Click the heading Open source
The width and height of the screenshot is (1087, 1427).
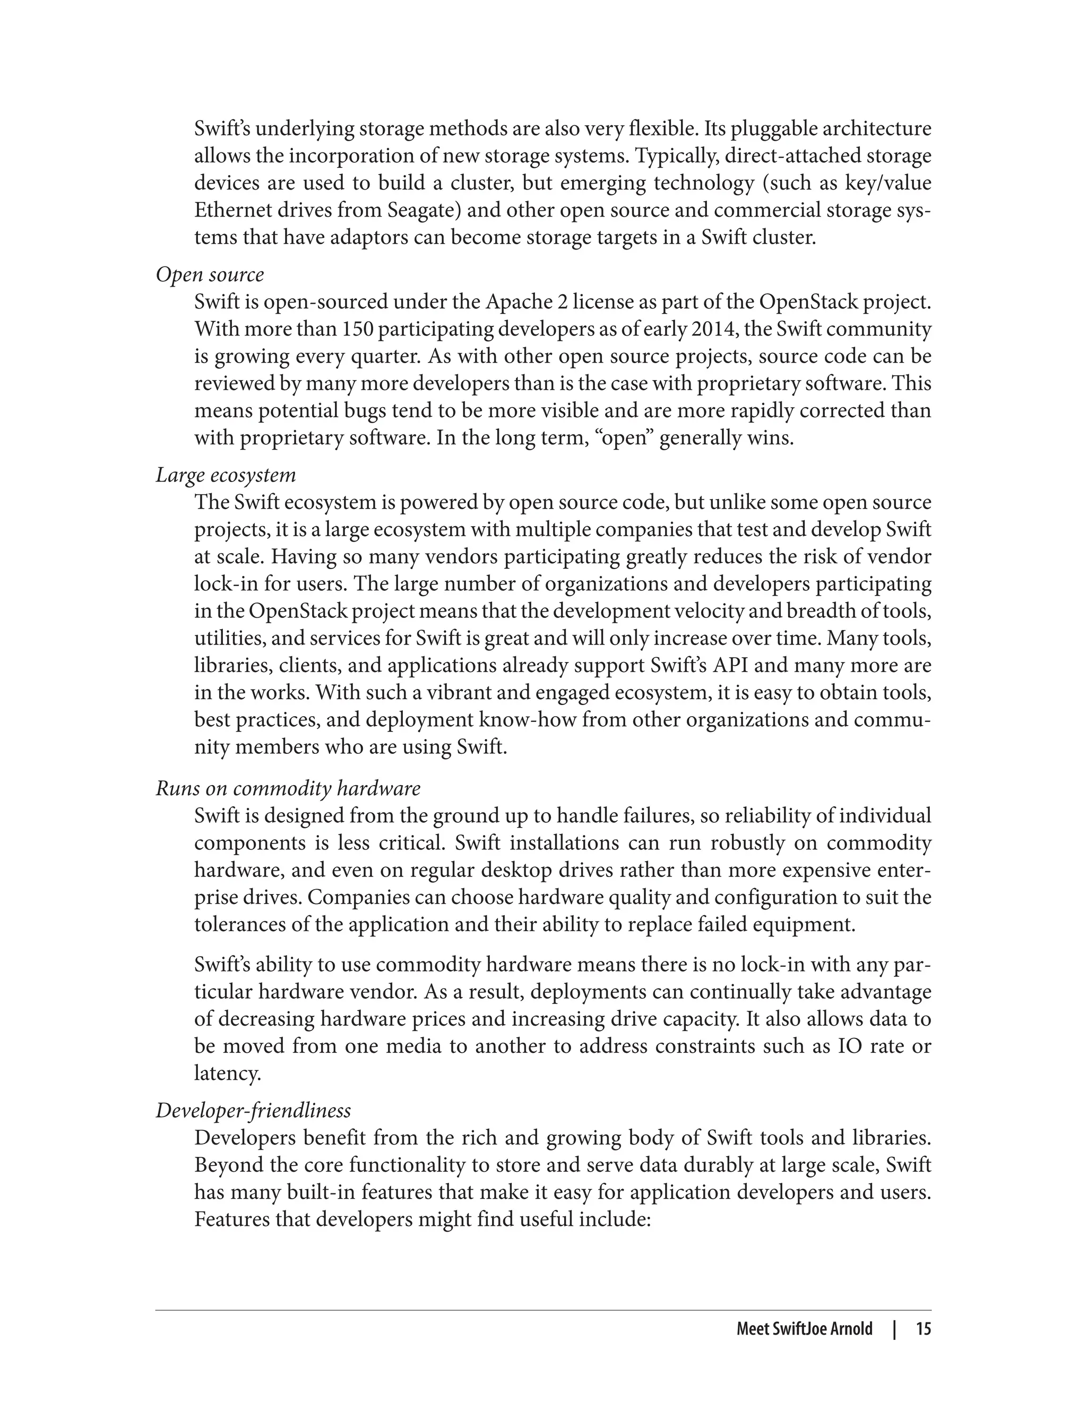[210, 275]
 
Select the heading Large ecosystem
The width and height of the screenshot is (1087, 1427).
[226, 476]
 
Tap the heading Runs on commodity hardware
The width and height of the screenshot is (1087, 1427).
[288, 789]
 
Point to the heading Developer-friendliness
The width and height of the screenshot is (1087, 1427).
[253, 1111]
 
